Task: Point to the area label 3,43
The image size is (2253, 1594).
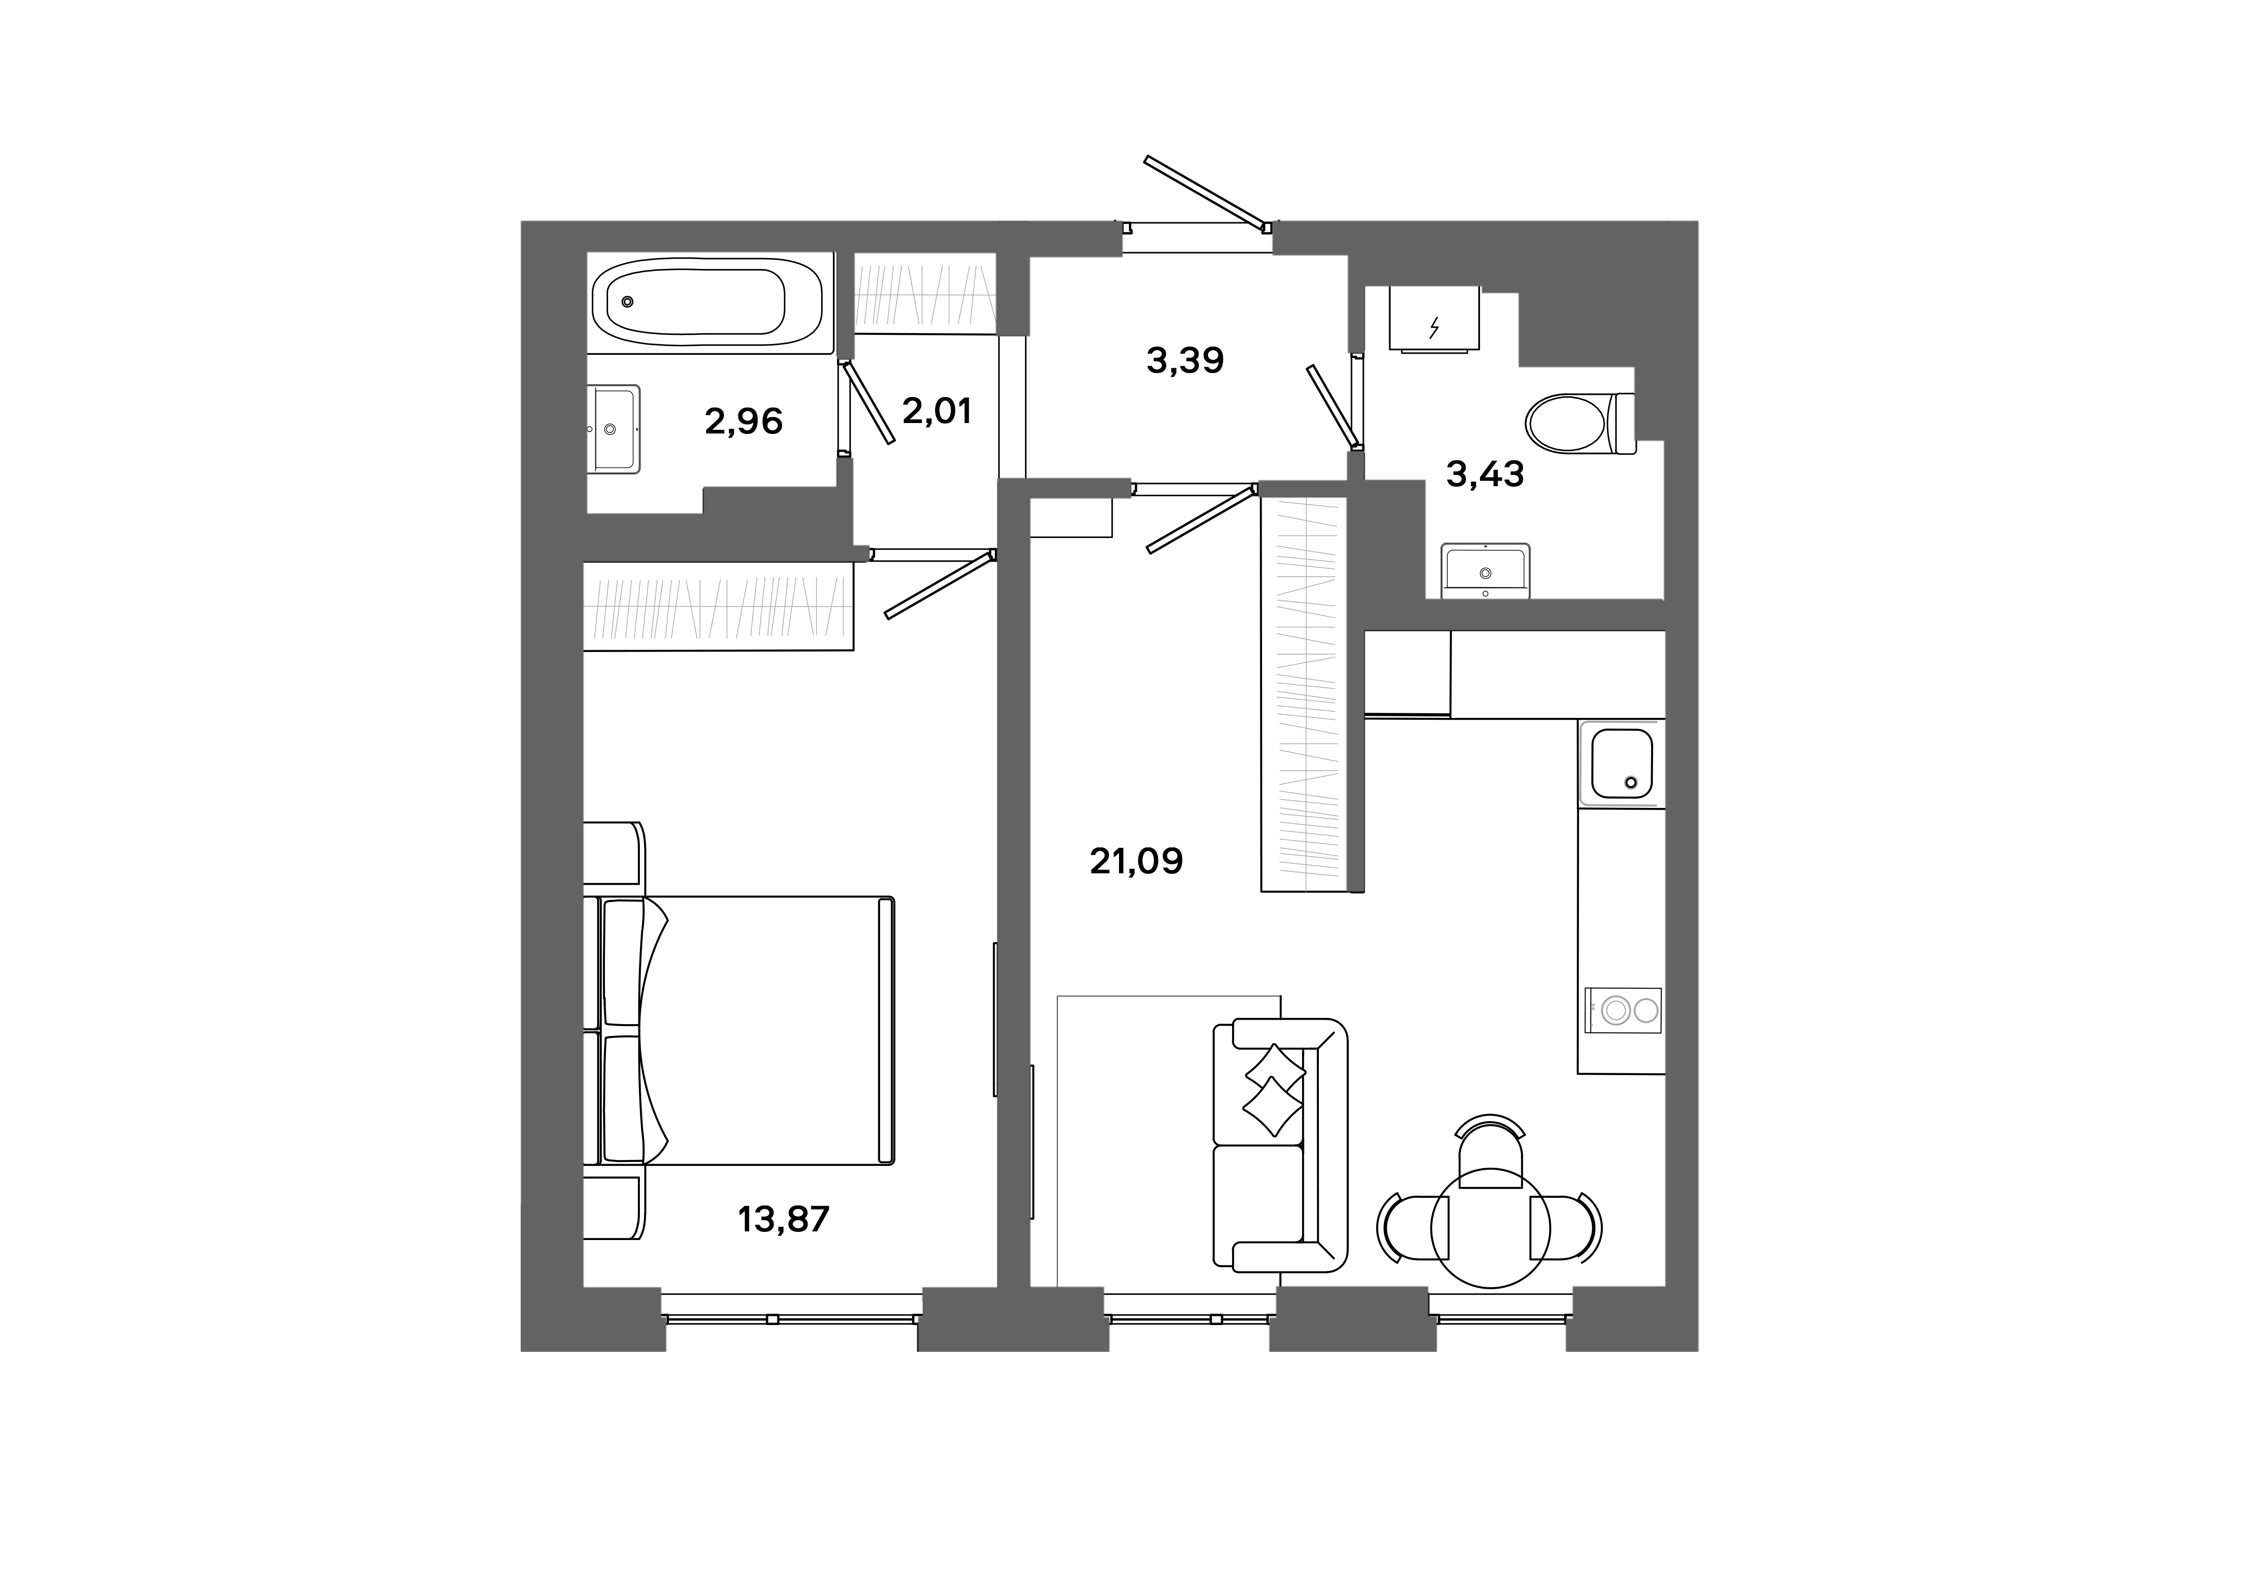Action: pos(1485,475)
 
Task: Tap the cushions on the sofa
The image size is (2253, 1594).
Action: pos(1274,1090)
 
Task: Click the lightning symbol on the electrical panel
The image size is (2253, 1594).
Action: pos(1435,327)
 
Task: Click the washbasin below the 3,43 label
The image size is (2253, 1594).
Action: pos(1485,571)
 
